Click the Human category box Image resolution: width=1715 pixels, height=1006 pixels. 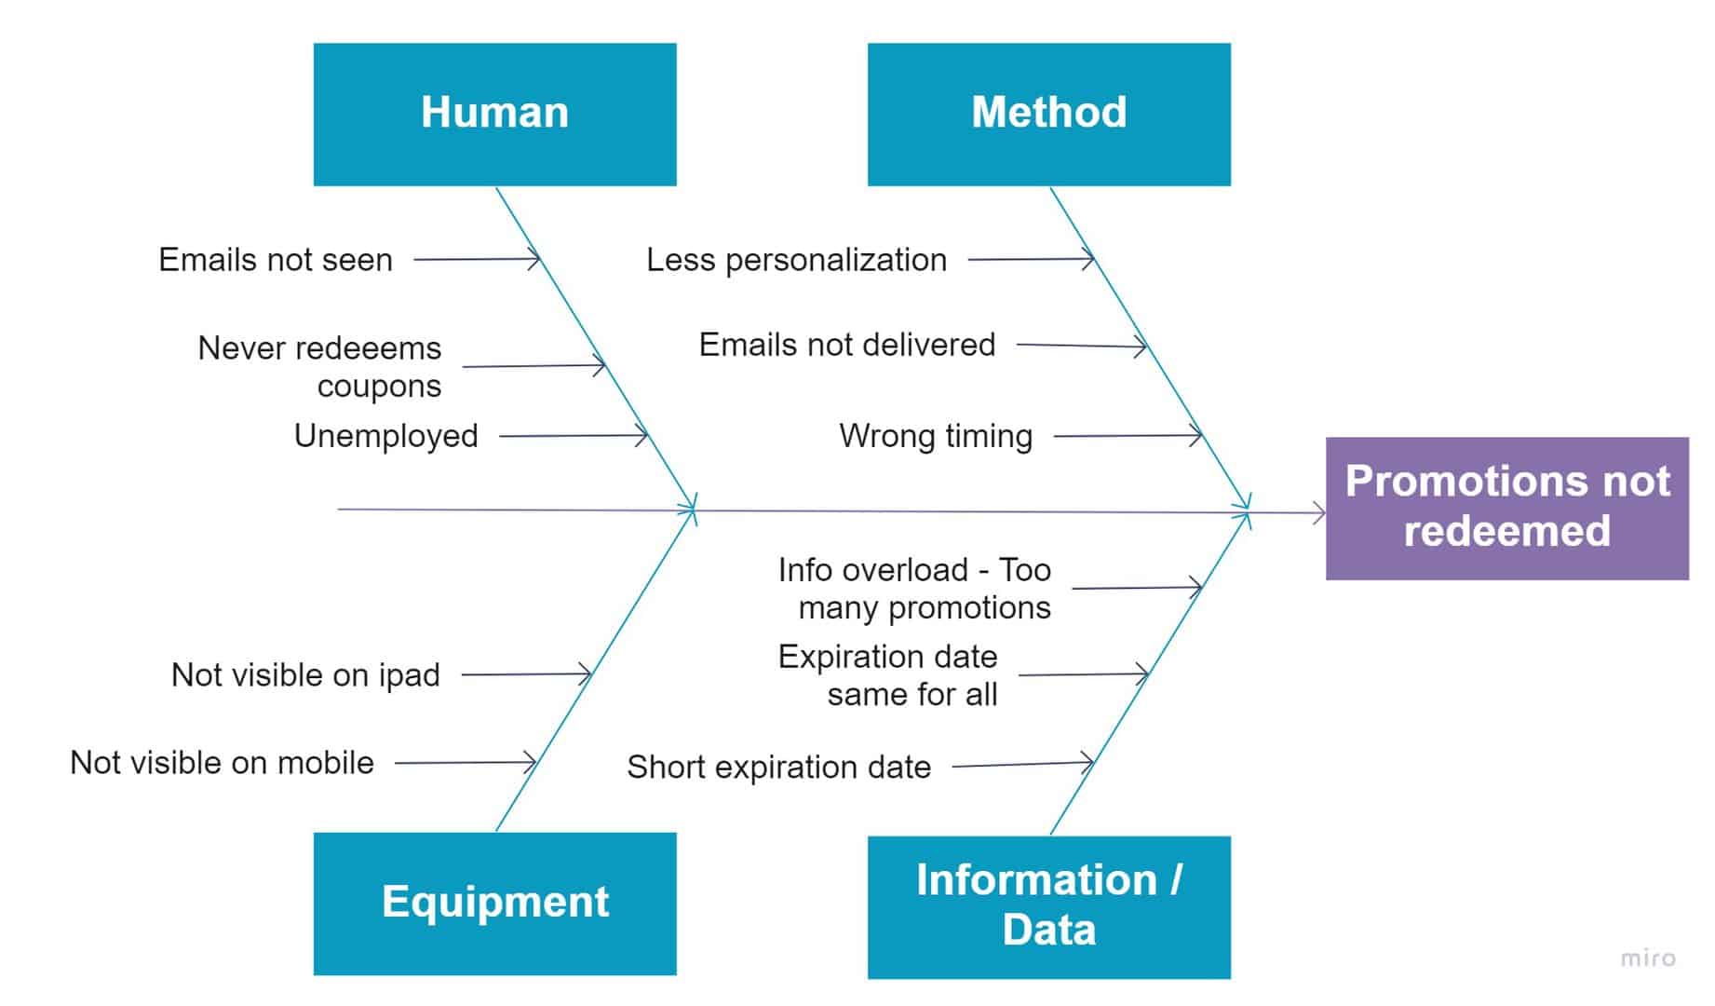tap(494, 114)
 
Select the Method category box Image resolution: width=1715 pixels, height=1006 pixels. tap(1048, 114)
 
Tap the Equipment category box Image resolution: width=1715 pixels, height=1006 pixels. tap(494, 903)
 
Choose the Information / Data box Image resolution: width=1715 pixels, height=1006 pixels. tap(1048, 905)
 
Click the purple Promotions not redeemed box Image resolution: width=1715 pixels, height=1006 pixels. tap(1506, 508)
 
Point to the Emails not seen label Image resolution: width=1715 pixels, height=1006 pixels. tap(276, 260)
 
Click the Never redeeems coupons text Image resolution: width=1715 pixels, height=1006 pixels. tap(320, 366)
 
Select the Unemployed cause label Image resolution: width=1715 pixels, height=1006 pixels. tap(385, 436)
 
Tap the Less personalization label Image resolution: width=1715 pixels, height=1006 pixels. tap(796, 260)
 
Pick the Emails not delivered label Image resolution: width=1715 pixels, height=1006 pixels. tap(846, 345)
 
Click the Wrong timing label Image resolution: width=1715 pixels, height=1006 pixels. tap(936, 436)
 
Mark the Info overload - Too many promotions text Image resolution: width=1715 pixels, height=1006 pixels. tap(914, 589)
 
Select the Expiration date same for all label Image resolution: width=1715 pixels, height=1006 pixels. tap(888, 675)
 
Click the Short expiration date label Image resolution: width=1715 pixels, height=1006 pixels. tap(778, 768)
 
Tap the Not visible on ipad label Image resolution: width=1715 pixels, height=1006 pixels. tap(305, 675)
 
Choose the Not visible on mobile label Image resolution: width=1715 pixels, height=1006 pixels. tap(222, 763)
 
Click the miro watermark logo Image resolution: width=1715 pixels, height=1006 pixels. tap(1647, 958)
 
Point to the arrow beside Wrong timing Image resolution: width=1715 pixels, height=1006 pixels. tap(1128, 435)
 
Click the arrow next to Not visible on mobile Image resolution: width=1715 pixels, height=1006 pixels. tap(466, 763)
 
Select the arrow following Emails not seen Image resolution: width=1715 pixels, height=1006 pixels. tap(477, 259)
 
